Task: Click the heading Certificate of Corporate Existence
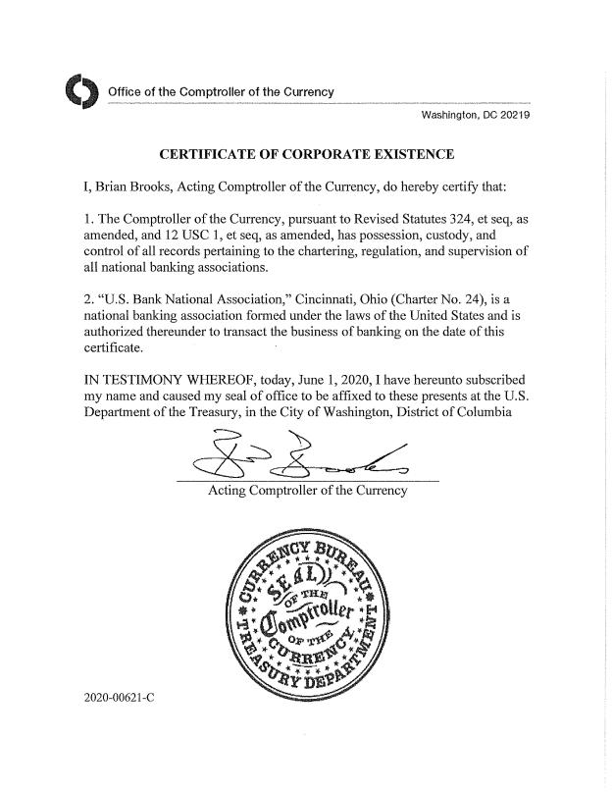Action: click(x=306, y=154)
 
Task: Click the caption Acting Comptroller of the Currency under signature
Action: click(x=307, y=490)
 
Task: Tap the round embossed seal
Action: click(x=307, y=619)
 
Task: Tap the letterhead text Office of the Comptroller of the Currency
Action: click(x=221, y=92)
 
